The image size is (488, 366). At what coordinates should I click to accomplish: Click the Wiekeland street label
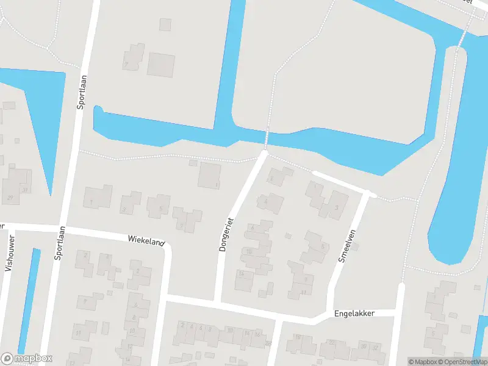click(146, 241)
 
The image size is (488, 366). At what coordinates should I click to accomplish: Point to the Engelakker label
click(354, 313)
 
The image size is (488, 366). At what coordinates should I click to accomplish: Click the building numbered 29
click(10, 197)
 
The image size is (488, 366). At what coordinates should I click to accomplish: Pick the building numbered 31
click(24, 189)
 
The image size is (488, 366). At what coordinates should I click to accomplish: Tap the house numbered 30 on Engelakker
click(364, 346)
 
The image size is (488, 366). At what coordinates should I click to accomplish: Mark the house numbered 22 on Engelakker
click(331, 343)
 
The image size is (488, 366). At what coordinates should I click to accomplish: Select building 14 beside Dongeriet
click(242, 273)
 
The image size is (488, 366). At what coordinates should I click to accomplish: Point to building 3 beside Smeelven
click(337, 208)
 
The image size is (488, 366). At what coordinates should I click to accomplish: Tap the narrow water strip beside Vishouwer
click(29, 299)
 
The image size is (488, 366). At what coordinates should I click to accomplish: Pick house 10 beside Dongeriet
click(249, 251)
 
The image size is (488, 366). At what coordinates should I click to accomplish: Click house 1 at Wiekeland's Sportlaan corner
click(91, 202)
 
